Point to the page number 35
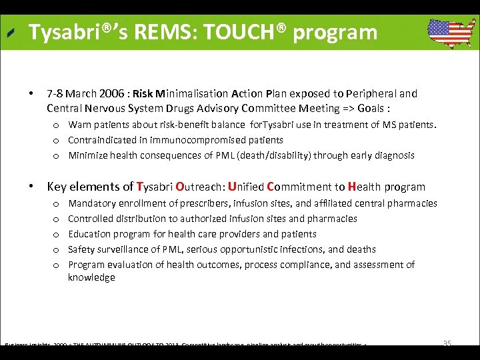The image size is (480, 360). (447, 343)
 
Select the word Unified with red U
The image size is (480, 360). (245, 187)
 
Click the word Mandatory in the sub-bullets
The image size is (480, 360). (91, 203)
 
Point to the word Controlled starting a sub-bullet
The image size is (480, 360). (91, 219)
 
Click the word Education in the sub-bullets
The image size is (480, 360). (90, 234)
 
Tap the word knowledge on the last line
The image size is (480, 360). (91, 277)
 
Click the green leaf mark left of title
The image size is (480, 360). (11, 33)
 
